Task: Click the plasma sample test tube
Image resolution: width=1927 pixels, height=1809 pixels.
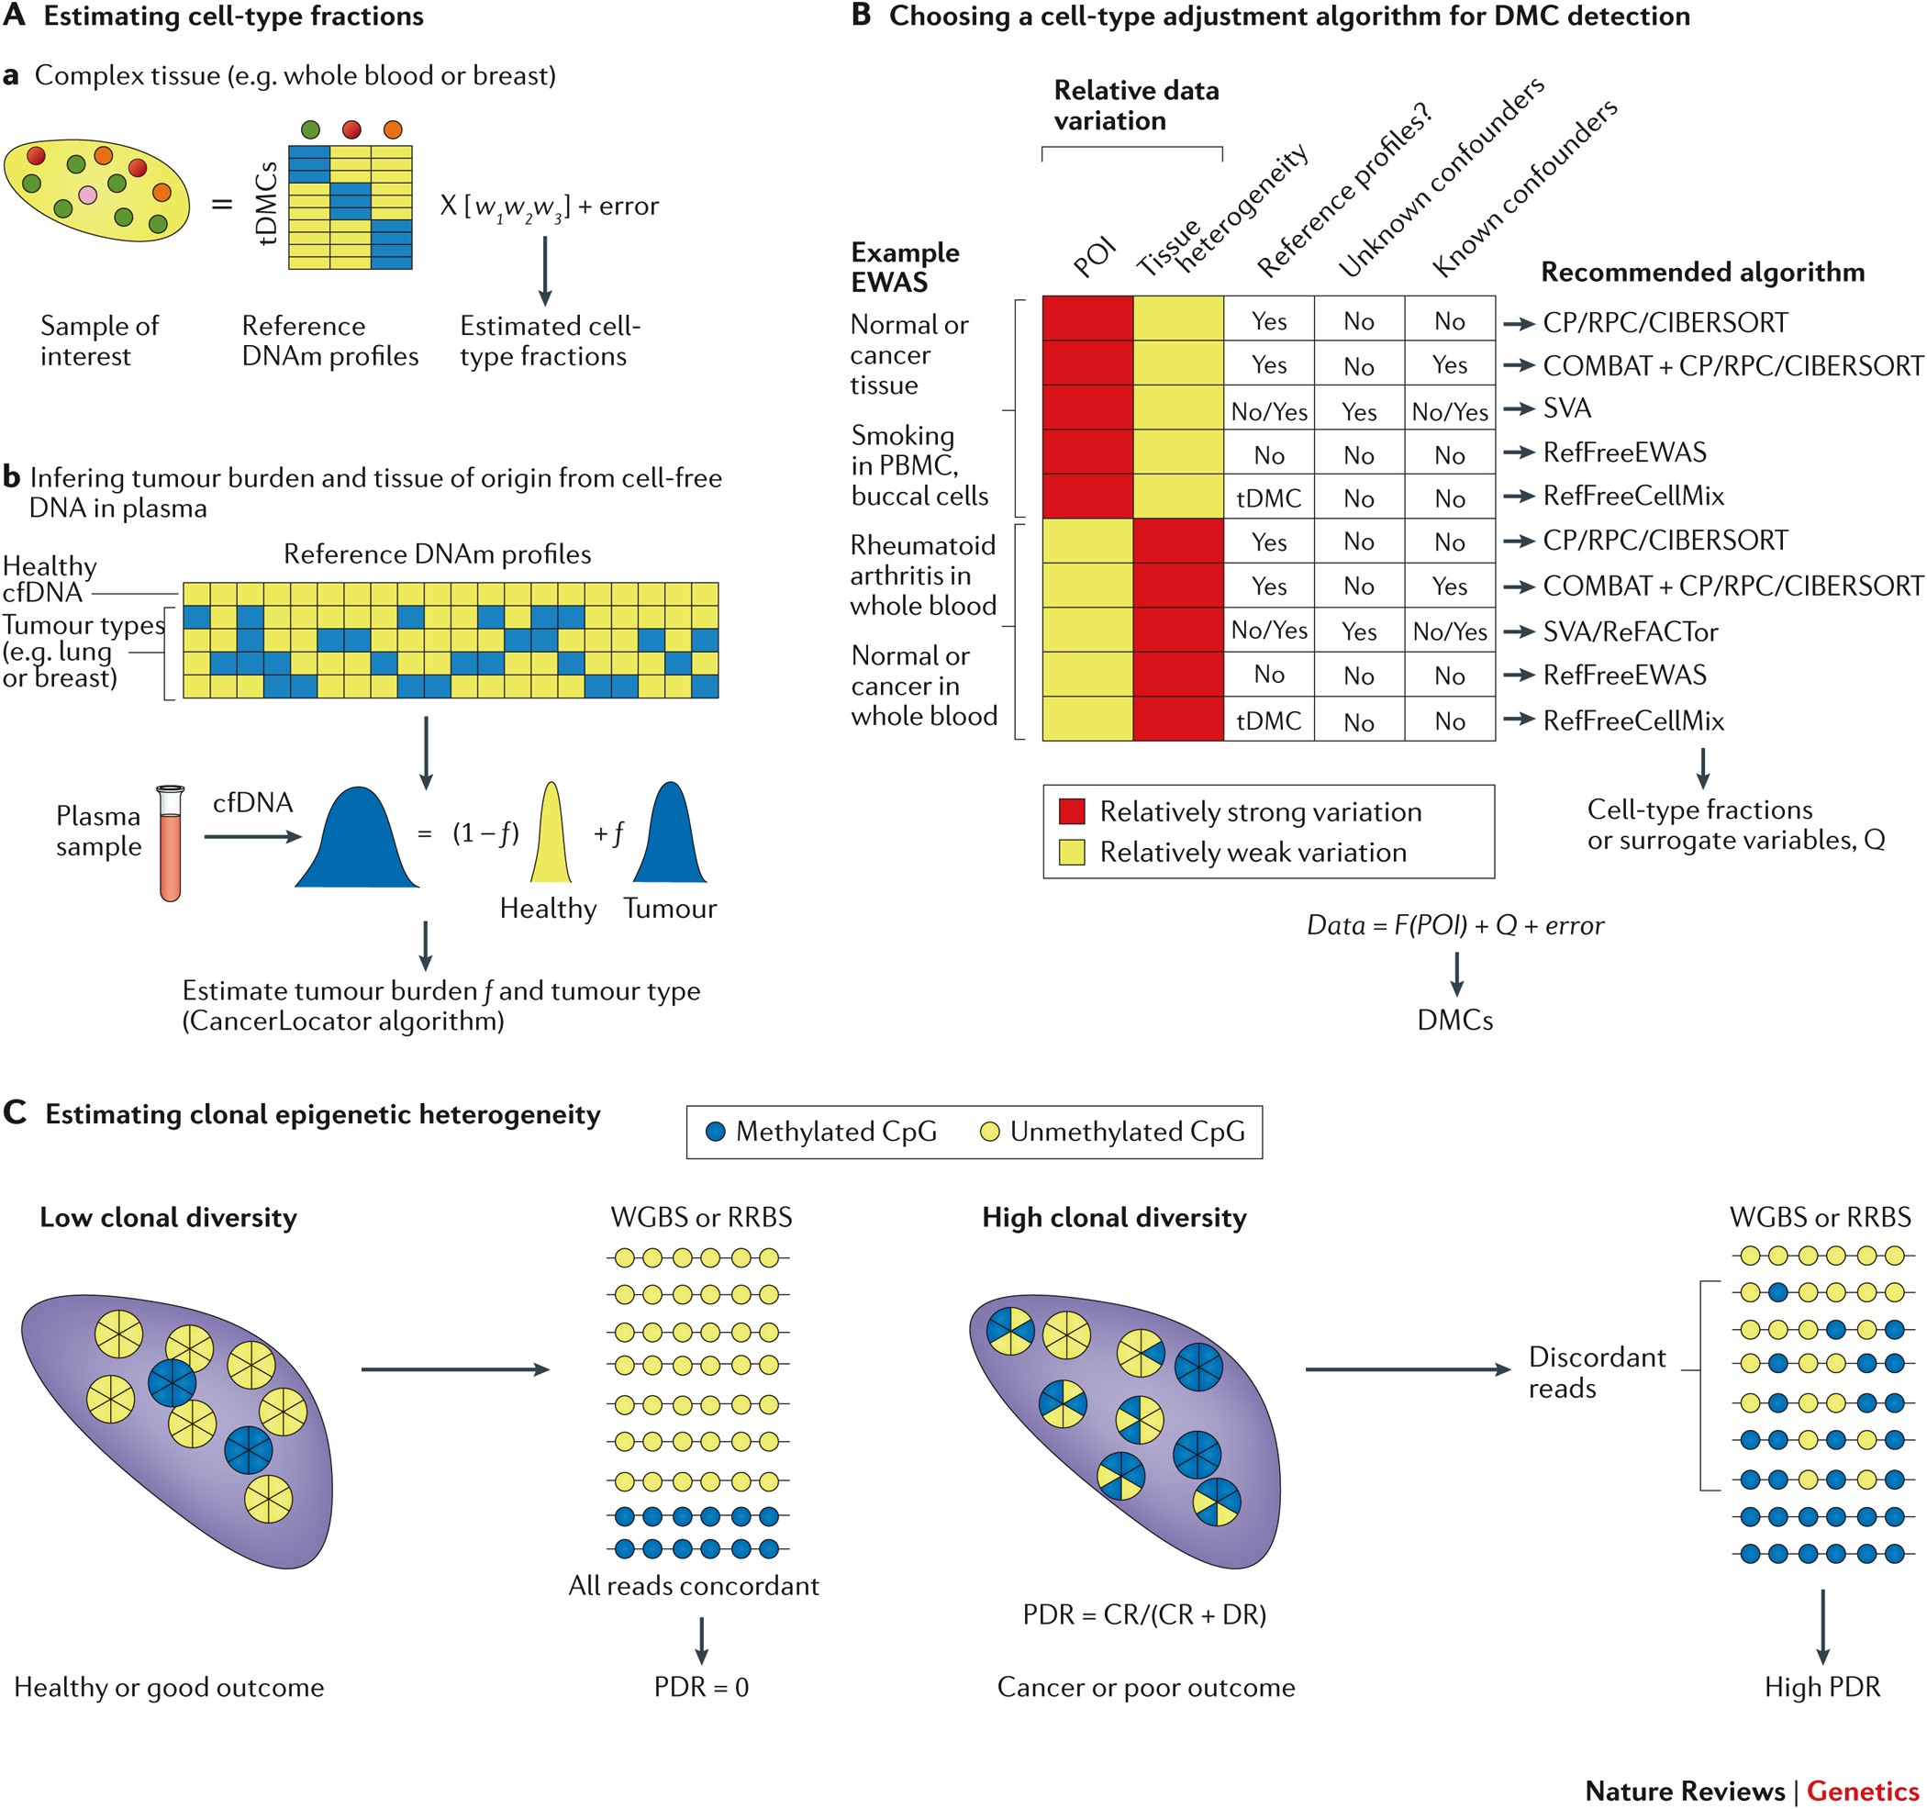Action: (171, 843)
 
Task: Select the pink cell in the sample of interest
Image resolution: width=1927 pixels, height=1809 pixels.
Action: (87, 195)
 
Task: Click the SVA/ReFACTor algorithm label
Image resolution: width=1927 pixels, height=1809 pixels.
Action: (1630, 632)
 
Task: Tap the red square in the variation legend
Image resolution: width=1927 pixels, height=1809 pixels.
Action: (1071, 811)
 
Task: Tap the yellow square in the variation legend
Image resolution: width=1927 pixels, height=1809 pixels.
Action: (1071, 852)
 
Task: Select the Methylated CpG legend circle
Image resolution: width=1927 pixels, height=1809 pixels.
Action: (716, 1132)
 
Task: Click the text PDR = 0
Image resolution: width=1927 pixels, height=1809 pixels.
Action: (701, 1687)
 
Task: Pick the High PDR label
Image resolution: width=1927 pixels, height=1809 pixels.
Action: (1821, 1687)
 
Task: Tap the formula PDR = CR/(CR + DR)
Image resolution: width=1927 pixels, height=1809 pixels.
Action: (1143, 1614)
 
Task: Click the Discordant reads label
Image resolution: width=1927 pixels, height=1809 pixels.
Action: (1596, 1372)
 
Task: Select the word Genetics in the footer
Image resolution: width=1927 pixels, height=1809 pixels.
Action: (1862, 1790)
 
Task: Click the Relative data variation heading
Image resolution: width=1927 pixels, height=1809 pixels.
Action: (1135, 105)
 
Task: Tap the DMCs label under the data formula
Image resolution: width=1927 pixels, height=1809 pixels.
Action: (1454, 1020)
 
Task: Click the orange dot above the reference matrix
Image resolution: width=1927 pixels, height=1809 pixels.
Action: (392, 128)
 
